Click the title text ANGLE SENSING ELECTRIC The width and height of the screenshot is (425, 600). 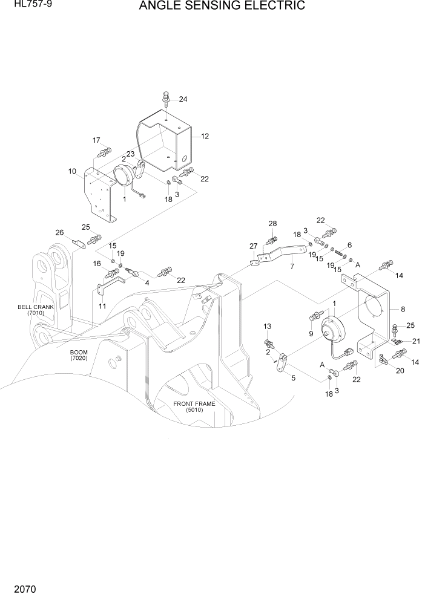coord(222,7)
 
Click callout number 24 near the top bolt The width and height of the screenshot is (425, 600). coord(183,99)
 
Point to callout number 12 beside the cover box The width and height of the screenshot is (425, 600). coord(205,136)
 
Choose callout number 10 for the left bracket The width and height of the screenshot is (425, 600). coord(72,171)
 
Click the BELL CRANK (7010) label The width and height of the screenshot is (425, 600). coord(36,310)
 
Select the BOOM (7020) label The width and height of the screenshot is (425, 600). coord(79,356)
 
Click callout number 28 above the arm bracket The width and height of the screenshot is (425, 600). coord(272,224)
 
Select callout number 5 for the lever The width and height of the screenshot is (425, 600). coord(294,379)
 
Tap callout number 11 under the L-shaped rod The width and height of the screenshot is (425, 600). coord(102,306)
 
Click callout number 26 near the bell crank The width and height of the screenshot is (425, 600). coord(59,232)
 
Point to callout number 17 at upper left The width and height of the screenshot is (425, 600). coord(96,140)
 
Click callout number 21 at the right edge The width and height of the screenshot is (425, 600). coord(415,341)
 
